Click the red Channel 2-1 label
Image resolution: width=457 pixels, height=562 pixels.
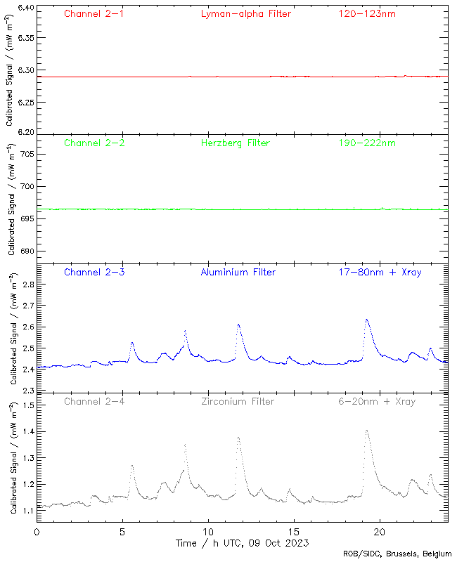(94, 13)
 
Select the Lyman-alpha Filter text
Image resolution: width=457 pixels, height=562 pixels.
(245, 13)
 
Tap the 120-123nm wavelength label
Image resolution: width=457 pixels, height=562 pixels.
(366, 13)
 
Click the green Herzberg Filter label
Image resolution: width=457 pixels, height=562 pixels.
(236, 143)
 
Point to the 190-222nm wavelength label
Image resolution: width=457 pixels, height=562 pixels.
(366, 143)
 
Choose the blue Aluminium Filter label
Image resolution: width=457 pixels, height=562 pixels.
(238, 273)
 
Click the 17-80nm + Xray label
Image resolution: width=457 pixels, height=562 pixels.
(380, 273)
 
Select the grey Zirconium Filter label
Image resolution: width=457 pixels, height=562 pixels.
(237, 402)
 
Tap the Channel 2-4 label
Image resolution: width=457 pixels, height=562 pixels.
(94, 402)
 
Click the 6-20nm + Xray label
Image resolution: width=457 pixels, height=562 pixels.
(377, 402)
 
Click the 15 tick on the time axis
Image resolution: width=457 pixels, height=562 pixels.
(294, 532)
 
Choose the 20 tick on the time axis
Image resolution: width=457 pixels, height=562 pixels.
(380, 532)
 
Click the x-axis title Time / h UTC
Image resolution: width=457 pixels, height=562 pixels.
(242, 543)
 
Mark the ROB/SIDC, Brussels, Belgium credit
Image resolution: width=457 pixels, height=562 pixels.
(397, 554)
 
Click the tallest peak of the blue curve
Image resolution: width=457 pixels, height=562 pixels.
(367, 320)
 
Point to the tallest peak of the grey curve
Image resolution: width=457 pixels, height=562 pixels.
(366, 430)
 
